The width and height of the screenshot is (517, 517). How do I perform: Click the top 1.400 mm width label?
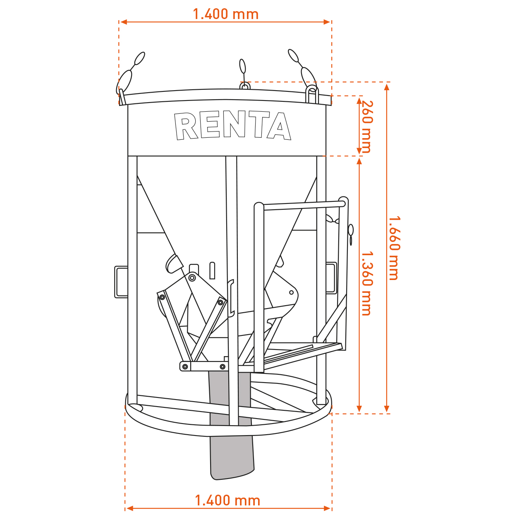pos(226,14)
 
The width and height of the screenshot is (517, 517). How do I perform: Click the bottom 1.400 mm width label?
pos(227,500)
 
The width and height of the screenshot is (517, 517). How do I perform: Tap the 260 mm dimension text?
pos(367,127)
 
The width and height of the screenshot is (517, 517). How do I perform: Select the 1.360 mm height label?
pos(367,283)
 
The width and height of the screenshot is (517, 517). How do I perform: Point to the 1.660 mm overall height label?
pos(394,248)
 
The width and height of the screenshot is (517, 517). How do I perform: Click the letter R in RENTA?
pos(186,126)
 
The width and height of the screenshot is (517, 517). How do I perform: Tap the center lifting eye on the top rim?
pos(245,86)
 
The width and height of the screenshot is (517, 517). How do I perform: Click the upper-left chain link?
pos(139,58)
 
